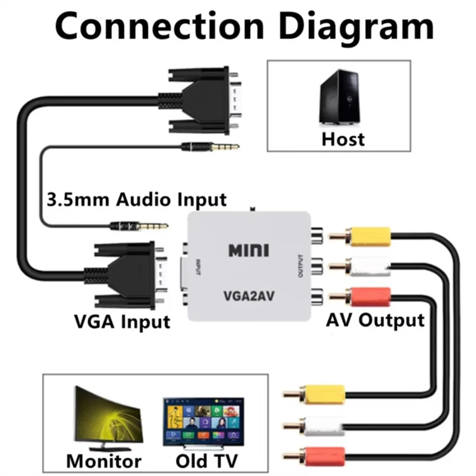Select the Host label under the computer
tap(343, 139)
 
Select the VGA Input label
tap(122, 322)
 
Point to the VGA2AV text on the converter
tap(249, 295)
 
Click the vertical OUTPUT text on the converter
tap(301, 265)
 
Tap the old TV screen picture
tap(203, 421)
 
